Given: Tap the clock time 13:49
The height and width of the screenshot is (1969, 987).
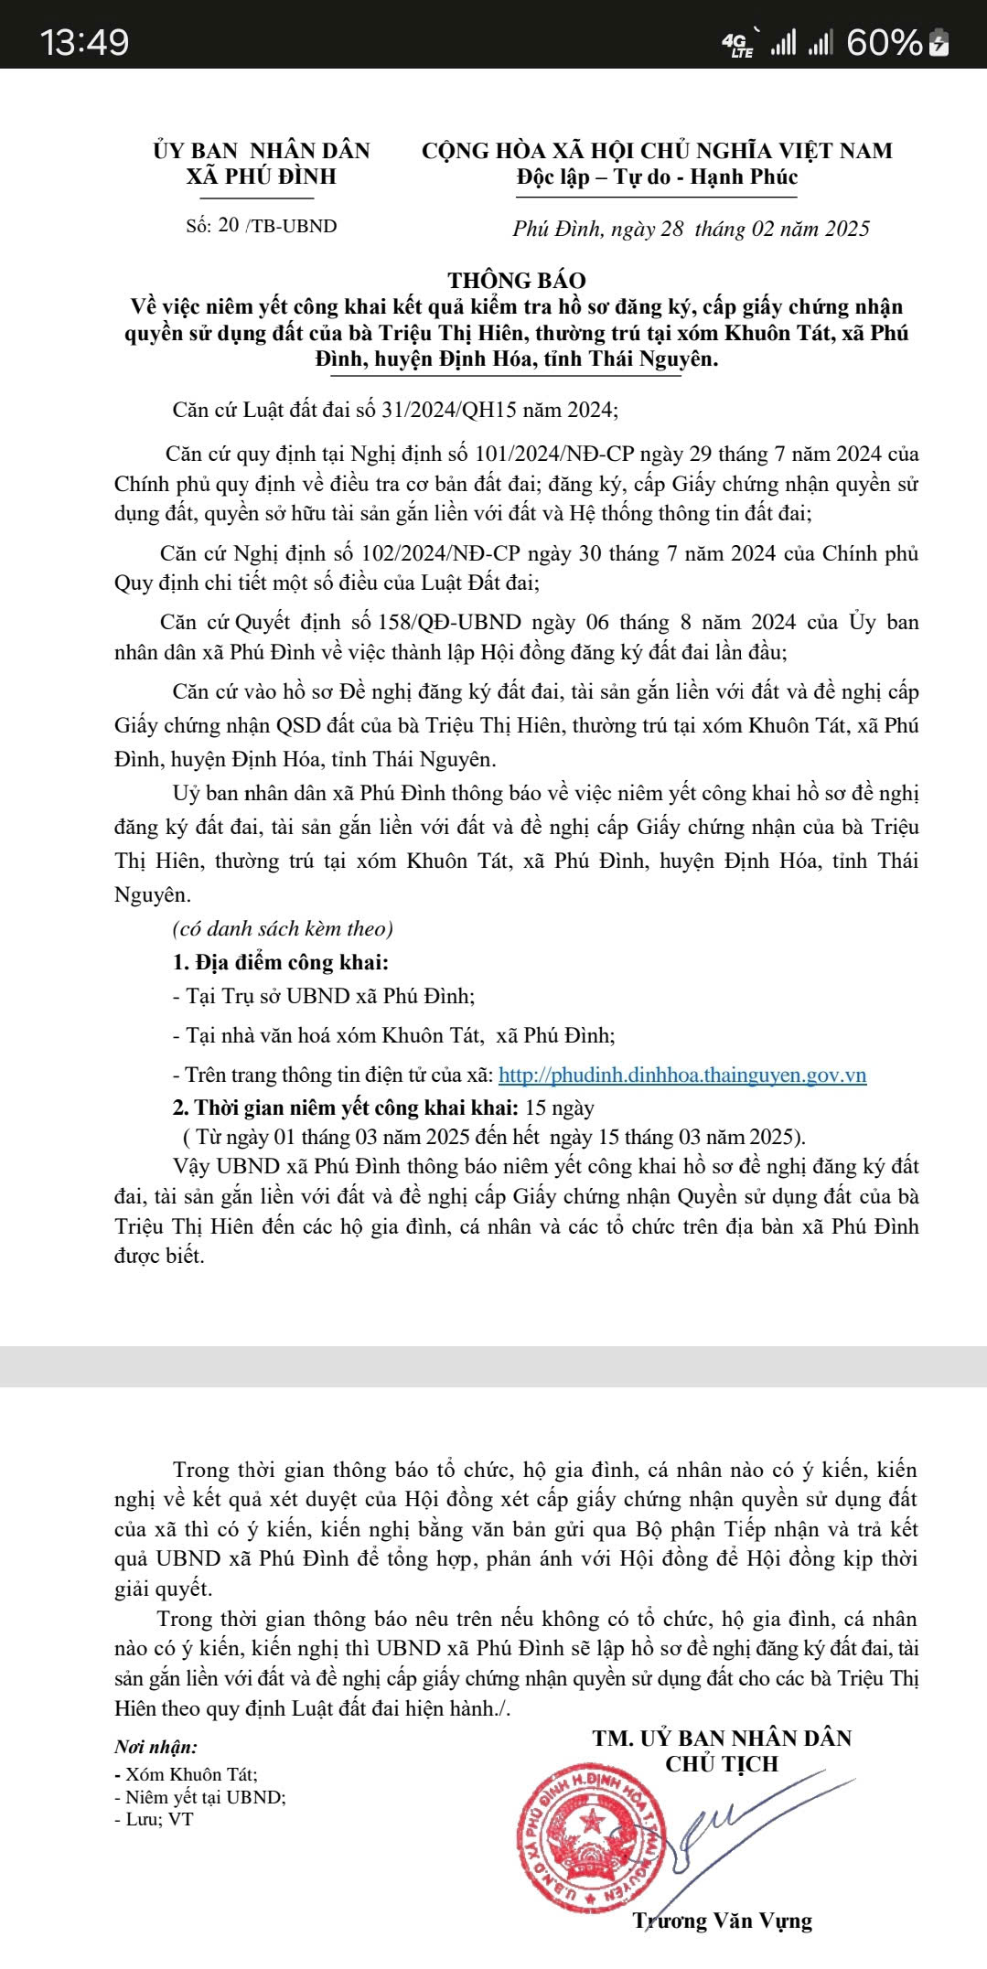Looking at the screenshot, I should (x=84, y=43).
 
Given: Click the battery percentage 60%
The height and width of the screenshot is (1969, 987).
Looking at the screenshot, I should (x=885, y=43).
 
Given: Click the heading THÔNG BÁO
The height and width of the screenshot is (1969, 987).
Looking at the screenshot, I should (x=517, y=280).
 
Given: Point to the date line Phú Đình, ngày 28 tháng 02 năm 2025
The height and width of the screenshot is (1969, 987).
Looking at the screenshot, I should (x=691, y=229).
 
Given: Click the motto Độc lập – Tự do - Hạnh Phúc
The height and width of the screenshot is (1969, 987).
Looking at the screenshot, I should (x=657, y=177).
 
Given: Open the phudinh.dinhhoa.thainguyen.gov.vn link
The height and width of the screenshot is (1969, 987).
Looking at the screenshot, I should (x=682, y=1075).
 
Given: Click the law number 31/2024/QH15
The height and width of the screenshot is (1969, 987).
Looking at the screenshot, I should (x=448, y=409).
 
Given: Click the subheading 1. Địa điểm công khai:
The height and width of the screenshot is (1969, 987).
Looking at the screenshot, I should (x=281, y=962).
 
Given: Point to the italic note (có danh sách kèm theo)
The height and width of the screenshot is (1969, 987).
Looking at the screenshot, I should (x=283, y=928).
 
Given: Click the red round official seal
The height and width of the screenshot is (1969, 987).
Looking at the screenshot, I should (x=591, y=1841).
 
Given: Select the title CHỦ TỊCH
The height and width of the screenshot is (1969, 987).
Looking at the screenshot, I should (x=722, y=1764).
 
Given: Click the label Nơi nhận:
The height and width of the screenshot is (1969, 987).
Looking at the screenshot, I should (x=156, y=1747).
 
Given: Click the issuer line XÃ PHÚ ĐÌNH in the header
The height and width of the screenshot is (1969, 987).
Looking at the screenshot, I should (x=262, y=177).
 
